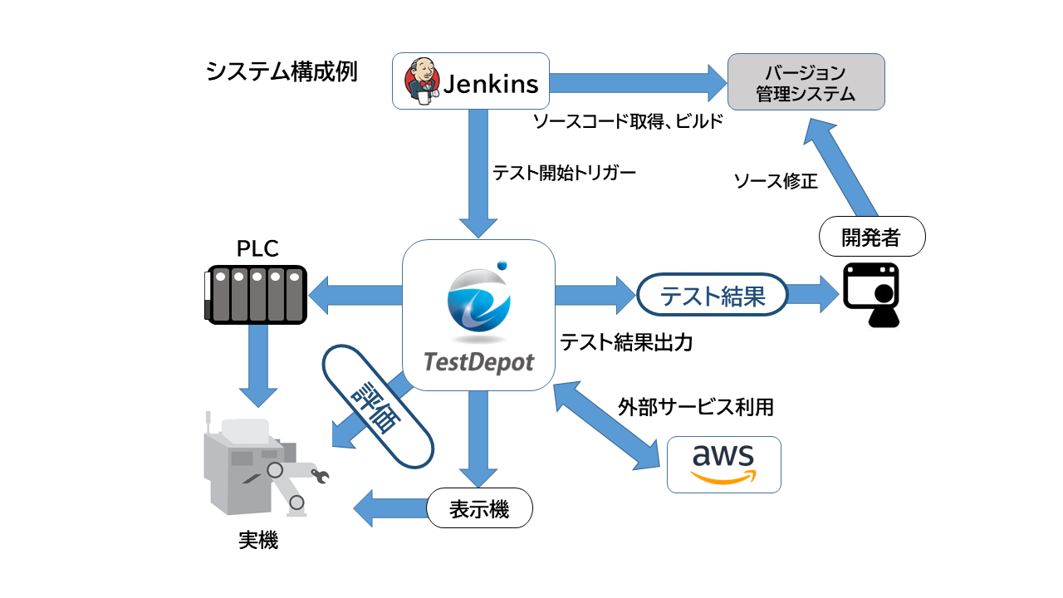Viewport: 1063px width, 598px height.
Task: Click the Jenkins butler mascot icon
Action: coord(420,81)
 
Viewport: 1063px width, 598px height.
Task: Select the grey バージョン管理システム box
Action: coord(806,82)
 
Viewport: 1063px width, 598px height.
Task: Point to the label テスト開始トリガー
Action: coord(552,174)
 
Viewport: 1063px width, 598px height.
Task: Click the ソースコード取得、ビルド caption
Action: coord(628,122)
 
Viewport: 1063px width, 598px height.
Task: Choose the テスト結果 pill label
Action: coord(712,296)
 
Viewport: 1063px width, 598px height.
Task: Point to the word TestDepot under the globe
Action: coord(478,362)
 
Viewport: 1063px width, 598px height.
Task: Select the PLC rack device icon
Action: coord(255,292)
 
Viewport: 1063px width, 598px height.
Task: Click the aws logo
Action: coord(723,464)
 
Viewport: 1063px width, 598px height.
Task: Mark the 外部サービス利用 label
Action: coord(696,407)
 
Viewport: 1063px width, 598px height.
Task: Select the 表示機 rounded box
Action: coord(479,508)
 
